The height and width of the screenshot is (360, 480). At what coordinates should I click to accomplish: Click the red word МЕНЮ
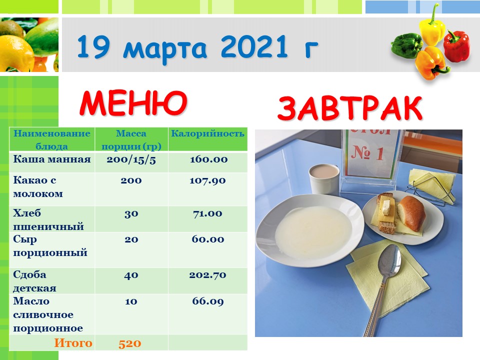[x=133, y=102]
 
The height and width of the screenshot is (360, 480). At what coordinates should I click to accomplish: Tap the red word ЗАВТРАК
[x=349, y=108]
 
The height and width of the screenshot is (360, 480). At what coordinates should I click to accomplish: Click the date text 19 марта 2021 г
[x=197, y=47]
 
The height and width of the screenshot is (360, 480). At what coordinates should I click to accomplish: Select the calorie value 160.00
[x=208, y=159]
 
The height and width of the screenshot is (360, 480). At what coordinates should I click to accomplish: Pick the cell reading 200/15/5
[x=131, y=160]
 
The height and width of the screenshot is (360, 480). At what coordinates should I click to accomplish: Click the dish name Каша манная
[x=51, y=159]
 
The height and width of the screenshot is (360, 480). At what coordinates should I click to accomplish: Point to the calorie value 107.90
[x=207, y=180]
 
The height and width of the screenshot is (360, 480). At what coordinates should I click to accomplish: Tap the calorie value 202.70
[x=207, y=275]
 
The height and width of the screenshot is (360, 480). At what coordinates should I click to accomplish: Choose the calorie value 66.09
[x=208, y=301]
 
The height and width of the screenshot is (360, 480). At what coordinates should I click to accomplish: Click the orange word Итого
[x=73, y=343]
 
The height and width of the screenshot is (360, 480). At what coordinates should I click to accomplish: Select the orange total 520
[x=130, y=343]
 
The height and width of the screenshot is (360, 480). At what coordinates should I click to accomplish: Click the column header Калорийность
[x=207, y=133]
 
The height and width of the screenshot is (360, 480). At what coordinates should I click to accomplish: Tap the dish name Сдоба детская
[x=34, y=281]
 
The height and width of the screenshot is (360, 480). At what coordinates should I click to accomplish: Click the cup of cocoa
[x=324, y=179]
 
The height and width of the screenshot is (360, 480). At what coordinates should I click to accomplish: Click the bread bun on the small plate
[x=411, y=213]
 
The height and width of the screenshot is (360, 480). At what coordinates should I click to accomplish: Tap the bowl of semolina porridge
[x=310, y=230]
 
